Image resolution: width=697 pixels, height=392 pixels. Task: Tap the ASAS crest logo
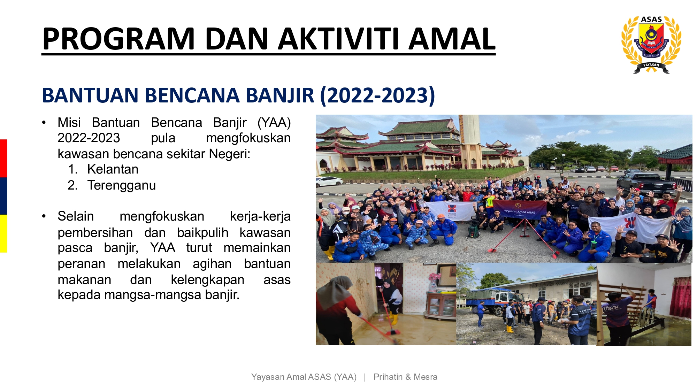point(651,45)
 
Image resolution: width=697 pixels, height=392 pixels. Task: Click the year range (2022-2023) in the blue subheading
point(377,95)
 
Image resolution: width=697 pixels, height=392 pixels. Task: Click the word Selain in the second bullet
point(76,216)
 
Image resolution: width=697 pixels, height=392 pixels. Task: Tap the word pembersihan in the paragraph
point(95,232)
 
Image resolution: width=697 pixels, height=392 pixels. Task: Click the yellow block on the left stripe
point(3,233)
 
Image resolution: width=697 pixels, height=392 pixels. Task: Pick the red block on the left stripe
point(3,158)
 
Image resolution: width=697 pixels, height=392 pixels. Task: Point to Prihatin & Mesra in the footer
point(405,377)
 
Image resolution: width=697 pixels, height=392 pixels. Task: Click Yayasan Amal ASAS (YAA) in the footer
point(304,377)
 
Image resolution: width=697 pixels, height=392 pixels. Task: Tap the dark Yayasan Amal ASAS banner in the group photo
point(520,210)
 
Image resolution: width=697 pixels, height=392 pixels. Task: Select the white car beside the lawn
point(329,181)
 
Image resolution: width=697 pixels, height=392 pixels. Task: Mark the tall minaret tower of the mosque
point(470,141)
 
